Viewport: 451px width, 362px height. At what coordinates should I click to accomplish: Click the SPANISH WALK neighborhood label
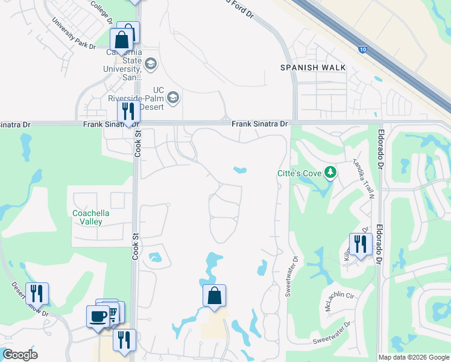[x=313, y=68]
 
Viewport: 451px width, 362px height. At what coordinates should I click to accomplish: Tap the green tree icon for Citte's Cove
[x=330, y=173]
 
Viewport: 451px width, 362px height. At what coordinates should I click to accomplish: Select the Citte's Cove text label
[x=300, y=174]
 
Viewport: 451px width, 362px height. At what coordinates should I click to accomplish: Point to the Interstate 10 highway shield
[x=361, y=49]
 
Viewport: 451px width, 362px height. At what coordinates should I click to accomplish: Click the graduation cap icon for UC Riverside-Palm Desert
[x=174, y=98]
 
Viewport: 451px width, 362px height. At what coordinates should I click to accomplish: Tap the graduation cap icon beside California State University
[x=150, y=63]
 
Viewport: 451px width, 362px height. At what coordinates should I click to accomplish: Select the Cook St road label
[x=137, y=144]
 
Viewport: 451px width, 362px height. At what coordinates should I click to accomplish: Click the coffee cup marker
[x=98, y=316]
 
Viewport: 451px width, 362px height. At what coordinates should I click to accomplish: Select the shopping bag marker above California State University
[x=121, y=40]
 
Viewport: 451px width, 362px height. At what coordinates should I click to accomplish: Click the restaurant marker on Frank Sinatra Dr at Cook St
[x=128, y=112]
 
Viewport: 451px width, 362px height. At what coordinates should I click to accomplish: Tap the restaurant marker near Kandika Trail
[x=360, y=244]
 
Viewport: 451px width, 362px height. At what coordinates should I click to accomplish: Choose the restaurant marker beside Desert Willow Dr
[x=37, y=293]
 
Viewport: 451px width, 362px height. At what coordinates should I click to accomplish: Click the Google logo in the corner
[x=20, y=355]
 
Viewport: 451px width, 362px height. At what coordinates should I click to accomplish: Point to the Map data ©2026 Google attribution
[x=414, y=357]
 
